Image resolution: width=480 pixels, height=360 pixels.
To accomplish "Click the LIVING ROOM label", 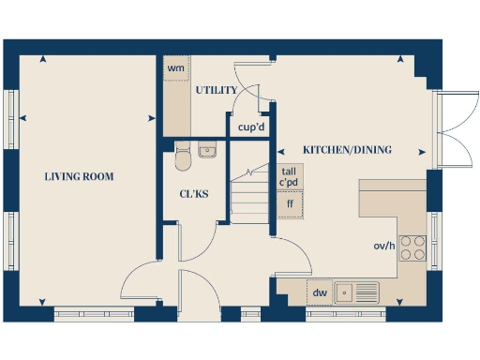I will point(80,176).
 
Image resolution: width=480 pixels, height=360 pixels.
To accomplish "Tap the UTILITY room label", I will point(215,91).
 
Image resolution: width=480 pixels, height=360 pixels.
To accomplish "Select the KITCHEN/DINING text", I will point(347,150).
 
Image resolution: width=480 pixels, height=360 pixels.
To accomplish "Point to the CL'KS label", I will point(194,194).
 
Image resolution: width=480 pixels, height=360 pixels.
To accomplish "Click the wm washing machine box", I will point(175,68).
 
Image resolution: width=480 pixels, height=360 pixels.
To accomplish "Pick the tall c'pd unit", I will point(290,176).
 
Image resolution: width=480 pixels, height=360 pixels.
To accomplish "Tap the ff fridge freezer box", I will point(290,203).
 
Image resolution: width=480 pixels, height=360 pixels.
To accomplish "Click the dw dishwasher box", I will point(320,292).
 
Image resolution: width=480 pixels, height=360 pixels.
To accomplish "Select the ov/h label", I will point(383,247).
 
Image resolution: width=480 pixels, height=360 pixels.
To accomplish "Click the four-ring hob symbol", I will point(412,247).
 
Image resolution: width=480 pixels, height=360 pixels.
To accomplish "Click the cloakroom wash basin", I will point(208,150).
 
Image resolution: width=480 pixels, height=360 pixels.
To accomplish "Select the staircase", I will point(250,195).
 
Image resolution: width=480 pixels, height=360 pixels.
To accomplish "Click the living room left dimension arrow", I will point(22,117).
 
